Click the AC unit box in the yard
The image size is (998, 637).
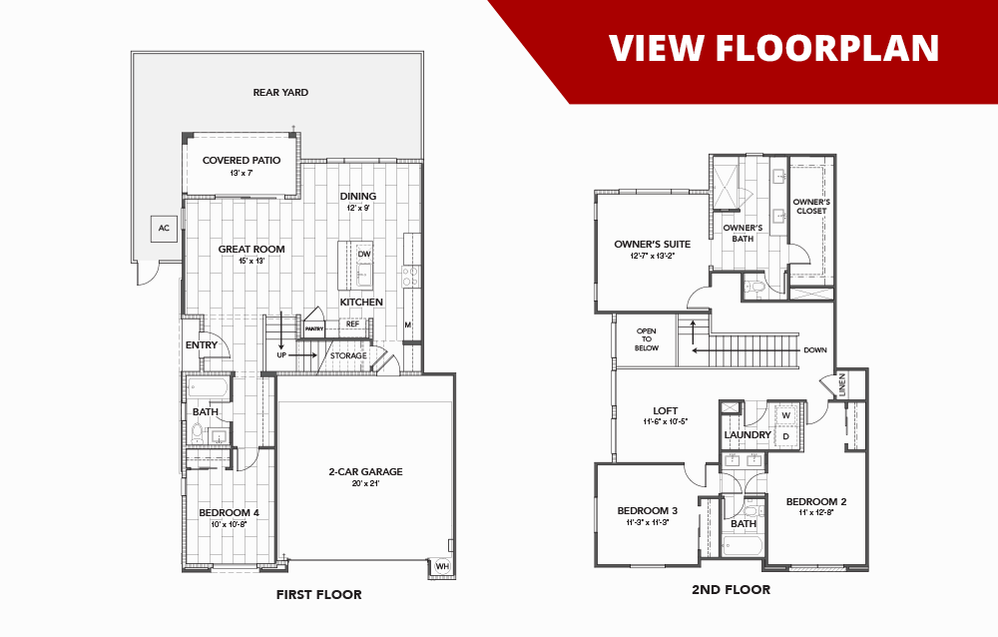point(164,229)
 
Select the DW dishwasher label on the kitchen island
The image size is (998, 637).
point(364,254)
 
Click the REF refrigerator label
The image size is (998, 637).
point(352,323)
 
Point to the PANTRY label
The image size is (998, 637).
point(314,327)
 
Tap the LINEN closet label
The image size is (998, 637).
point(842,384)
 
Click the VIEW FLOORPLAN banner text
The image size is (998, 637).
point(773,47)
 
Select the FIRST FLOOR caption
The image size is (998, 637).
point(318,595)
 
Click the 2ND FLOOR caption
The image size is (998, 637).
point(731,590)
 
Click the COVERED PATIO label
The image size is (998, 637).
point(241,160)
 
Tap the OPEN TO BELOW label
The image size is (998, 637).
point(647,341)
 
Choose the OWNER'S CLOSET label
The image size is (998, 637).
point(811,206)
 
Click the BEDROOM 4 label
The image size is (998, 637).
point(229,513)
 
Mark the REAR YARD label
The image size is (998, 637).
point(280,92)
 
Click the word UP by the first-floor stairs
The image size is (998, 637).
point(282,354)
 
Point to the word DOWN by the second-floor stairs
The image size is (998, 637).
point(814,350)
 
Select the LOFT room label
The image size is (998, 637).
point(665,410)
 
